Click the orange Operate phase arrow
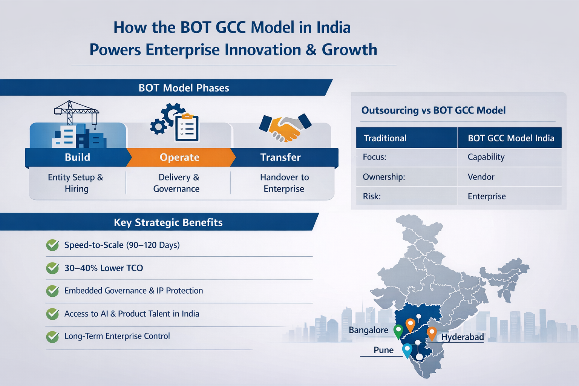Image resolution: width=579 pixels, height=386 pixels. tap(179, 157)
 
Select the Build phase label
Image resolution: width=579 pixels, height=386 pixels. tap(77, 157)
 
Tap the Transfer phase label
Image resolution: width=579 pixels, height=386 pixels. tap(280, 157)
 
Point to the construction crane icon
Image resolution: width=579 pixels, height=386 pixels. tap(77, 112)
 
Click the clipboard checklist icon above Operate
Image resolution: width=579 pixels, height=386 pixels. tap(187, 128)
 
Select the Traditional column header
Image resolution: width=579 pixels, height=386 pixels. tap(385, 138)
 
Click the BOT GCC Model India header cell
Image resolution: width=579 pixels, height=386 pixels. tap(511, 138)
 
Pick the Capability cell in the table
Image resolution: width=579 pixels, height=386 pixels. tap(486, 157)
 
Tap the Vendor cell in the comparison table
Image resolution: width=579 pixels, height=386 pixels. tap(481, 177)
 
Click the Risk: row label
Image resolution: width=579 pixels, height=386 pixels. tap(372, 196)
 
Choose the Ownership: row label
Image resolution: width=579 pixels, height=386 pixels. tap(384, 177)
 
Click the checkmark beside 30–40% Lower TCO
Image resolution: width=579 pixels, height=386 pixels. tap(52, 268)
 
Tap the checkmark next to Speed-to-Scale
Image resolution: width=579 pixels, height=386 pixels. tap(52, 245)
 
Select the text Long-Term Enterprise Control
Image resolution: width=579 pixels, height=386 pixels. tap(117, 336)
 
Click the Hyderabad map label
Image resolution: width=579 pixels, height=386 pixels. tap(463, 337)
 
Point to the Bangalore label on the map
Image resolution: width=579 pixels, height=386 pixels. tap(368, 330)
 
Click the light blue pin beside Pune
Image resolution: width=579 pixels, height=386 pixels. tap(407, 350)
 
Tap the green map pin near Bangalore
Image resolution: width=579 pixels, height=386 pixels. tap(398, 331)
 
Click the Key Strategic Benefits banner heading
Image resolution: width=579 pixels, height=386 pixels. tap(168, 222)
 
